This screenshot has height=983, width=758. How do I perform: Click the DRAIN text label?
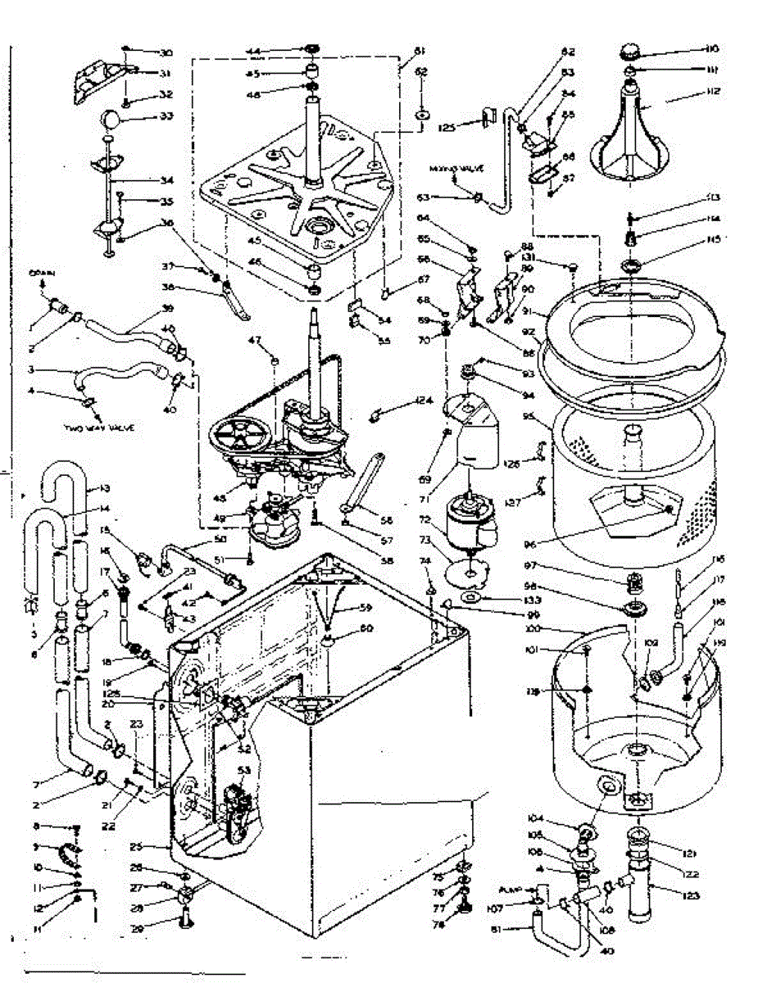pos(42,273)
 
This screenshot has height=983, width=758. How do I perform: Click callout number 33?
pos(166,116)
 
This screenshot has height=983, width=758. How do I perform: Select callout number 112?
pos(710,91)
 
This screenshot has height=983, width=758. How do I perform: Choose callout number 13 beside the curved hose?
pos(104,489)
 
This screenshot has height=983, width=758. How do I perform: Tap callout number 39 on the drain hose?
pos(169,307)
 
